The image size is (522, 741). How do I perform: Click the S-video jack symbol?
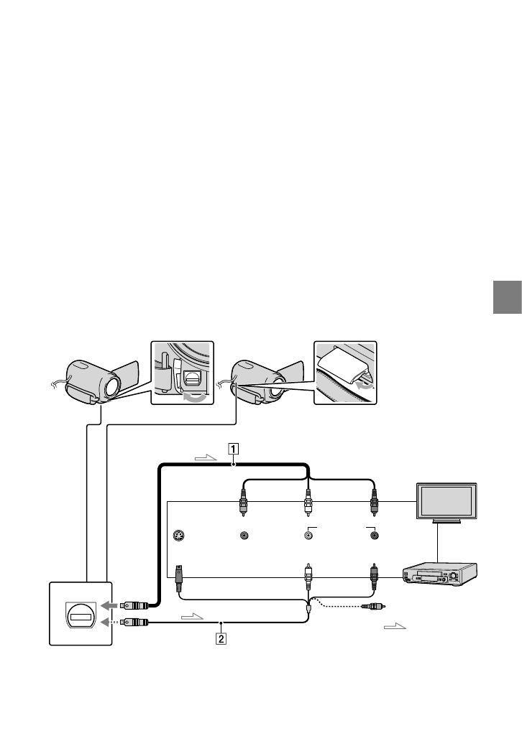pyautogui.click(x=179, y=535)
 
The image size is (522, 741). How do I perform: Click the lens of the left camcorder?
pyautogui.click(x=112, y=387)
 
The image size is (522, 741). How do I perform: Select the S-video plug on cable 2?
pyautogui.click(x=180, y=574)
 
